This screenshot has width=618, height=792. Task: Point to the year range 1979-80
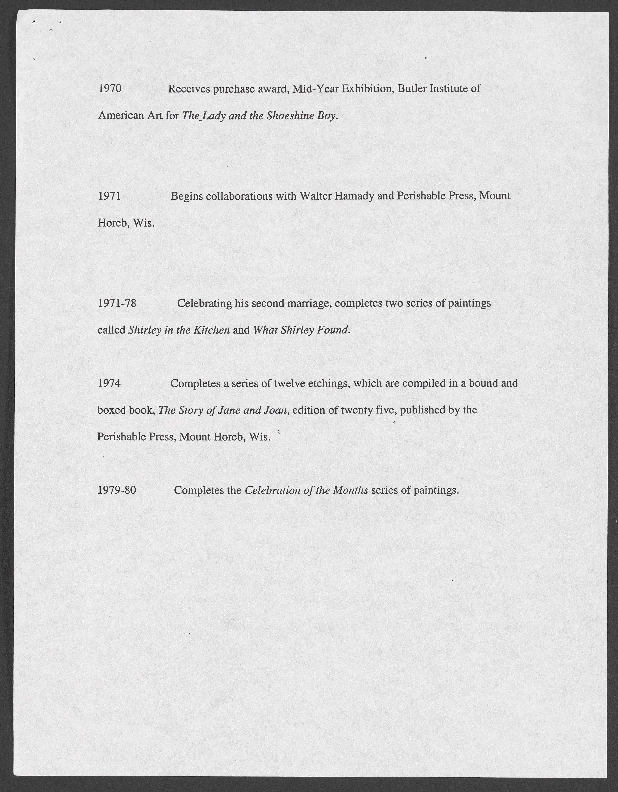(117, 490)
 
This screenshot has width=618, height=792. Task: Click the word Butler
(412, 88)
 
